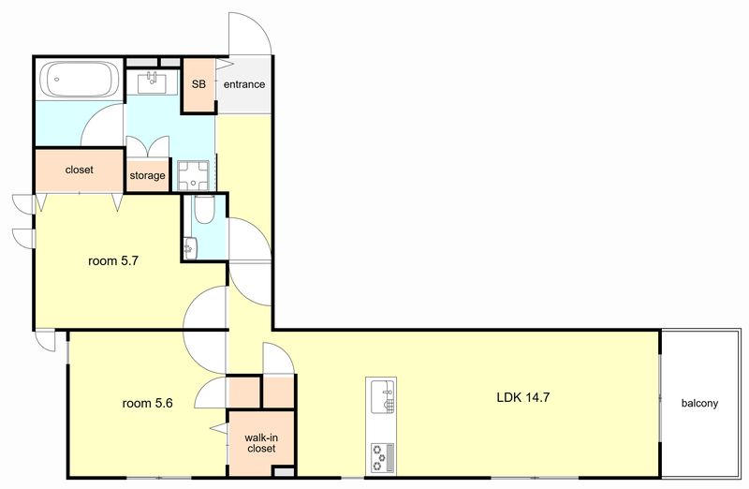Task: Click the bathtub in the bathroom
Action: point(80,80)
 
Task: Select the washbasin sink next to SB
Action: point(153,82)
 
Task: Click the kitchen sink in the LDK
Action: point(382,395)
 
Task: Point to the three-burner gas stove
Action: point(382,457)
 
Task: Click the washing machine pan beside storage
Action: point(193,175)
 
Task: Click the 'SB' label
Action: point(198,84)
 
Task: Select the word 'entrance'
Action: point(244,84)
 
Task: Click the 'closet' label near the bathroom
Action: point(80,170)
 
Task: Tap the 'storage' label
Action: point(148,175)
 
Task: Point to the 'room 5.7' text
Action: point(113,261)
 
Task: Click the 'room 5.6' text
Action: point(148,403)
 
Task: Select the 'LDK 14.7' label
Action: point(523,397)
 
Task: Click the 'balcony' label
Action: point(699,403)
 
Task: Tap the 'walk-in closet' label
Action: point(261,443)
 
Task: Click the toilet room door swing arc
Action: point(259,231)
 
